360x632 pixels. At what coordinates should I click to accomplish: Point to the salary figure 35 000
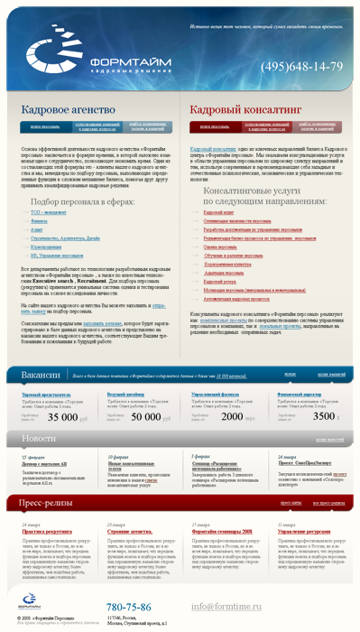click(62, 417)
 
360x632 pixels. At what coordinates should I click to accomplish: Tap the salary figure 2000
click(232, 417)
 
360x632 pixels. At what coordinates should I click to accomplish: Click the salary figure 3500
click(324, 417)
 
